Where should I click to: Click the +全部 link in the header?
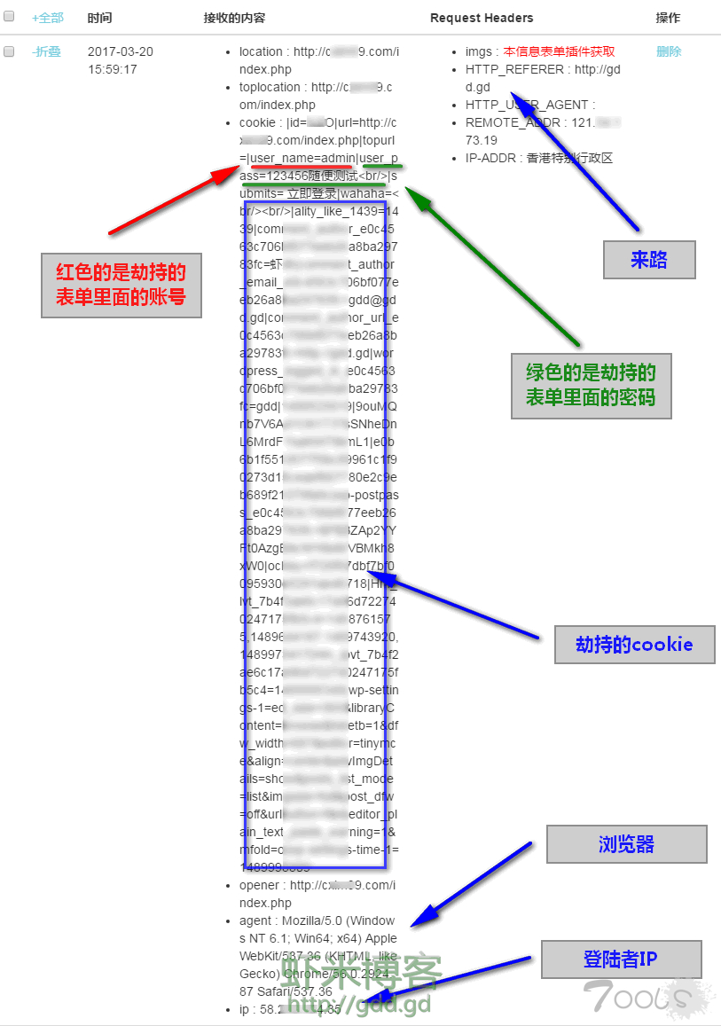[48, 18]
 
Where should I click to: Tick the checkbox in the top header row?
[9, 18]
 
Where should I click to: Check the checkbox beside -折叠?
[9, 52]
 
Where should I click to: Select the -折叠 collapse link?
[46, 52]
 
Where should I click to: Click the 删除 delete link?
[669, 52]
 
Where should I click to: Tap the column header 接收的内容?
[234, 18]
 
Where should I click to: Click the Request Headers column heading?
[482, 18]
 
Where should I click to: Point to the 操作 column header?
[668, 18]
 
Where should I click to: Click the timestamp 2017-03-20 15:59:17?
[121, 60]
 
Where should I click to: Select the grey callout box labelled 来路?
[649, 260]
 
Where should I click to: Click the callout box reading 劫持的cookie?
[633, 645]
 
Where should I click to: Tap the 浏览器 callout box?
[626, 844]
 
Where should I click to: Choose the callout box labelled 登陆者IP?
[621, 959]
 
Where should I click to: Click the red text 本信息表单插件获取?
[559, 52]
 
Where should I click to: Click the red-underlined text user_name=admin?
[303, 159]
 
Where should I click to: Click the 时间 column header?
[100, 18]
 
